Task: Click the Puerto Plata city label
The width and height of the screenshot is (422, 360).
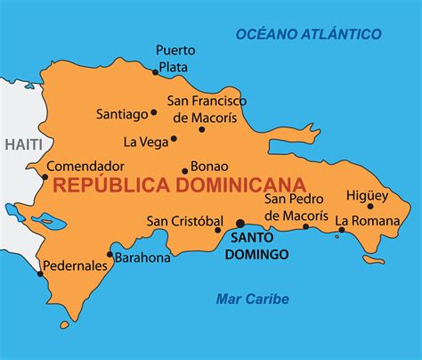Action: click(x=175, y=57)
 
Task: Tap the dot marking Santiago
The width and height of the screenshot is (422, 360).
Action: click(x=154, y=112)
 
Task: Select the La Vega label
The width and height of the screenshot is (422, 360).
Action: click(x=142, y=141)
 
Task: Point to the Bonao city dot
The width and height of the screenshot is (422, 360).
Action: click(x=185, y=171)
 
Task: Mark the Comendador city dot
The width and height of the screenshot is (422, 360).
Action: click(x=45, y=176)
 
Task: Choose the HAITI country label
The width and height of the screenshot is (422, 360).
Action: click(x=21, y=144)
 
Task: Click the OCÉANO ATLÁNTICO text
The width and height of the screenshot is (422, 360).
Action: click(x=308, y=34)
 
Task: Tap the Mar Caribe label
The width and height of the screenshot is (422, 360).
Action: click(x=252, y=299)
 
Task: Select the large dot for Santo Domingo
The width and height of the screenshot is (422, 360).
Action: click(x=240, y=224)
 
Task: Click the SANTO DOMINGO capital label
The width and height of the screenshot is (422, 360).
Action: click(x=259, y=246)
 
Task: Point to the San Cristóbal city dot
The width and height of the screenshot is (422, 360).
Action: click(x=218, y=230)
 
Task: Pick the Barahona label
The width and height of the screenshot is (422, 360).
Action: click(x=143, y=258)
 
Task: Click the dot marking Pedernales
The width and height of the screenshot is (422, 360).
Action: click(x=40, y=274)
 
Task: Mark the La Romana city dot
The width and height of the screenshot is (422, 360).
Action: click(x=341, y=231)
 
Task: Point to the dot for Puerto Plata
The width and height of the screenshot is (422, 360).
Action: click(x=156, y=71)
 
